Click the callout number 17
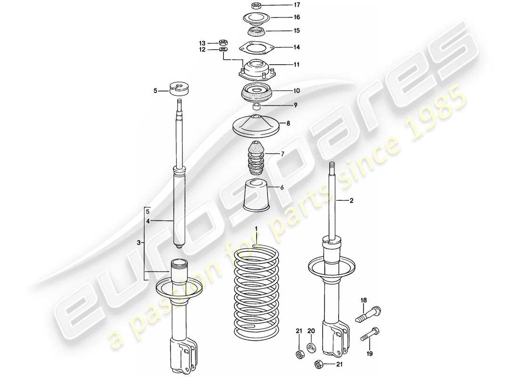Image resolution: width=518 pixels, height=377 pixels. pyautogui.click(x=283, y=6)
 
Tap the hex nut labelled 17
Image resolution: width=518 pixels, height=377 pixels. pyautogui.click(x=257, y=6)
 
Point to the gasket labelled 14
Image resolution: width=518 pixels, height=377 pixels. pyautogui.click(x=256, y=47)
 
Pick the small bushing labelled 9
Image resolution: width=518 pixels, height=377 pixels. pyautogui.click(x=257, y=105)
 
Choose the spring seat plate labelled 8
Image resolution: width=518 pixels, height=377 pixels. pyautogui.click(x=257, y=126)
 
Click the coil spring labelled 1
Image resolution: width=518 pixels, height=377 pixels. pyautogui.click(x=257, y=292)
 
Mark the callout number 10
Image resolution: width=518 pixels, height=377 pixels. pyautogui.click(x=283, y=90)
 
